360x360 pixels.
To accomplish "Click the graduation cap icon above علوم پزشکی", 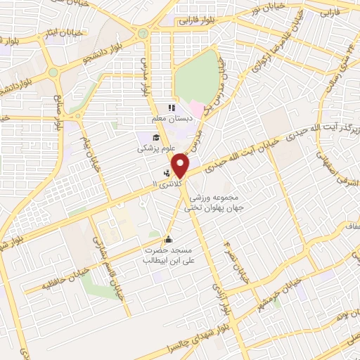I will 155,136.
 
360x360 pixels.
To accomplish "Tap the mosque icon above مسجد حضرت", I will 167,238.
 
